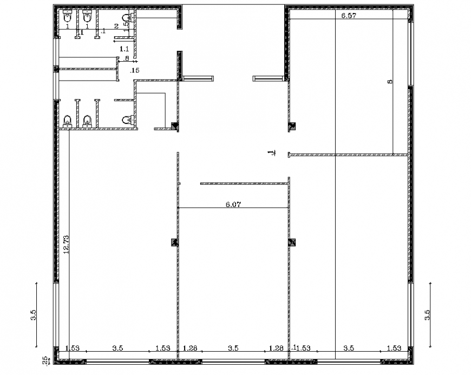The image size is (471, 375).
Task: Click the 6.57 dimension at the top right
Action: (349, 16)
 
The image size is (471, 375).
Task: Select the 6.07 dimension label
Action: (233, 205)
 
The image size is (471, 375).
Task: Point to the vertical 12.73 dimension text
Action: (67, 245)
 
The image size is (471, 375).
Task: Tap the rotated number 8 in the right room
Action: (389, 81)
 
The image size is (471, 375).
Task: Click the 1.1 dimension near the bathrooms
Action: (124, 49)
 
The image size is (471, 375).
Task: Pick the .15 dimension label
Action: (135, 70)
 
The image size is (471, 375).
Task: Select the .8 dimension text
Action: (125, 58)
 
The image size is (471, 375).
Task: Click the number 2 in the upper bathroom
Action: (116, 27)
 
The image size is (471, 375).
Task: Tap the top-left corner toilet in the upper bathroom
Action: (68, 16)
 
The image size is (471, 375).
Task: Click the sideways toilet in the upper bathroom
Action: (127, 19)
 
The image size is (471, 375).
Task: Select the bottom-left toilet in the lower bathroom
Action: (68, 121)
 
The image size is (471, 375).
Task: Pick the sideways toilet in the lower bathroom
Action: (127, 120)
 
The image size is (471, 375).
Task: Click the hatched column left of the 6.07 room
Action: (174, 242)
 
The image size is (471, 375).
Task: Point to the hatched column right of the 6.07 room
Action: (292, 242)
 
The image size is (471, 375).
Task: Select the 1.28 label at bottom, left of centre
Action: (189, 348)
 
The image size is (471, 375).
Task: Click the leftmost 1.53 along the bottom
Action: (72, 348)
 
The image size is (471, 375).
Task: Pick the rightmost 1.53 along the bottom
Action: (394, 348)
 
